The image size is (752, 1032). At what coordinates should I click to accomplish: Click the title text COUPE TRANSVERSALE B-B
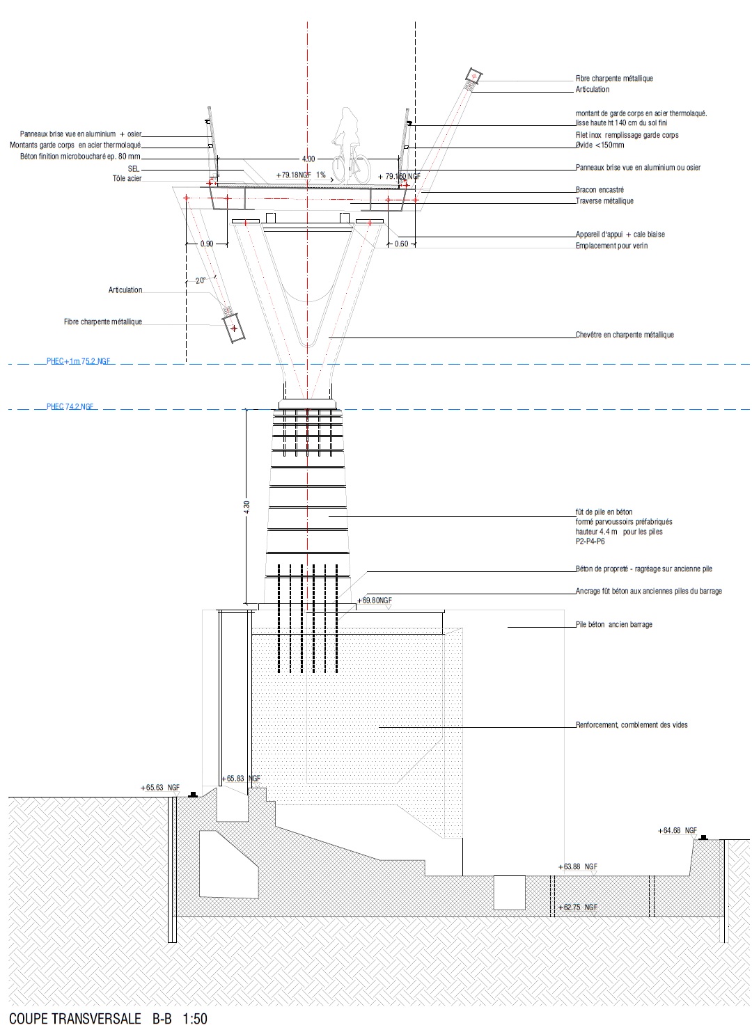(91, 1019)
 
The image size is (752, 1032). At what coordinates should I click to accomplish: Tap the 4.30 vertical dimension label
(246, 507)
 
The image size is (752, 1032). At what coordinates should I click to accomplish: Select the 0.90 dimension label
(207, 244)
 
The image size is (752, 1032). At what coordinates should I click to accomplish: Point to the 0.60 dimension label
(402, 244)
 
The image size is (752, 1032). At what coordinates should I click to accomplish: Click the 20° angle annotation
(201, 280)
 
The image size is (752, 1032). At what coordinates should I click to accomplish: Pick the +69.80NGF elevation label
(375, 600)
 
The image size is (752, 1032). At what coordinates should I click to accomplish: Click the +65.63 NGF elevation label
(161, 788)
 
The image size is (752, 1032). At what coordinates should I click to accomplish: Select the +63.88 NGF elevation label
(578, 867)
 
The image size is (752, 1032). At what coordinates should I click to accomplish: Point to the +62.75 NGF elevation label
(578, 907)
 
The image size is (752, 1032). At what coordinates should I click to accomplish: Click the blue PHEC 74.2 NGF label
(70, 407)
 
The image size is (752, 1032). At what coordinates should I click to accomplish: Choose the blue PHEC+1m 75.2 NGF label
(78, 362)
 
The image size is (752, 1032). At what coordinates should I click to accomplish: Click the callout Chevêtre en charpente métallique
(625, 335)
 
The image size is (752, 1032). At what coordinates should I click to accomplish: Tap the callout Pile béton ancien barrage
(614, 625)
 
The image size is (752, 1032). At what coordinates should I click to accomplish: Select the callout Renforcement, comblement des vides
(632, 725)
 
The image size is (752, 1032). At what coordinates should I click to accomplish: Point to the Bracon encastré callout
(600, 190)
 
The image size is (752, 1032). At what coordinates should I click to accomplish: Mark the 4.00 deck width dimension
(308, 159)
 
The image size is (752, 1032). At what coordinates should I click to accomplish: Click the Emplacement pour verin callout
(611, 246)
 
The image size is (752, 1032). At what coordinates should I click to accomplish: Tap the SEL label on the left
(134, 169)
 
